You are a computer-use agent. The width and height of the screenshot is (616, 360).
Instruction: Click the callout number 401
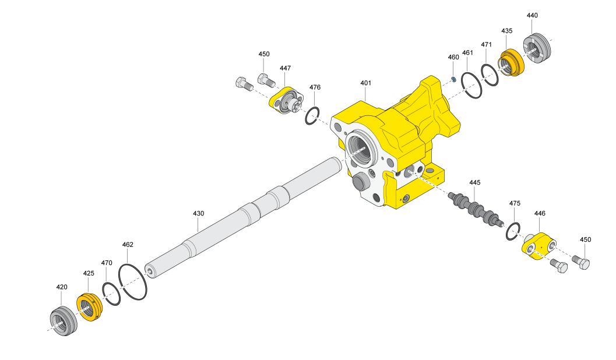coord(365,83)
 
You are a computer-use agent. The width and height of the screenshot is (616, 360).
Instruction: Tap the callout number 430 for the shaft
coord(198,213)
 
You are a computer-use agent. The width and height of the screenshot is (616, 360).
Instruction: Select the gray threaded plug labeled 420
coord(64,320)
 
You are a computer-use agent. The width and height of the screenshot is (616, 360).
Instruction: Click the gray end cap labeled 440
coord(537,48)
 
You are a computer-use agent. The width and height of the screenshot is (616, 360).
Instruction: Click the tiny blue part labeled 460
coord(453,79)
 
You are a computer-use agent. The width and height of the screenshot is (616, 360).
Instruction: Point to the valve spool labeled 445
coord(476,208)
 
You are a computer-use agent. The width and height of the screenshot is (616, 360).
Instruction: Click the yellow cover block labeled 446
coord(539,246)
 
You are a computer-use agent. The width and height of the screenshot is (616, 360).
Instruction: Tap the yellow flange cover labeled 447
coord(287,100)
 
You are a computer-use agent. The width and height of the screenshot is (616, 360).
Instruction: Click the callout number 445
coord(474,182)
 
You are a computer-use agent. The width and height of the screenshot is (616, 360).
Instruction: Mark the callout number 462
coord(128,244)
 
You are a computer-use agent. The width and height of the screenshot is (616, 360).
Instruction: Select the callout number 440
coord(532,15)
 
